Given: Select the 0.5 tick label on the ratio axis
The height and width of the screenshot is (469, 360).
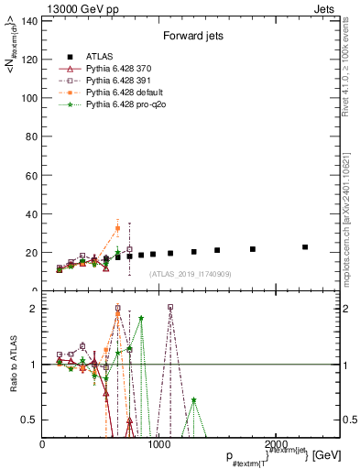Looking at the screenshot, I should pos(30,420).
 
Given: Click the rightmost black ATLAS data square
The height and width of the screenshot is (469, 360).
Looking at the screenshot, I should pos(305,247).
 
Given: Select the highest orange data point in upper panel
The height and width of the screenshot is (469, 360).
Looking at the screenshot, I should pos(117,228).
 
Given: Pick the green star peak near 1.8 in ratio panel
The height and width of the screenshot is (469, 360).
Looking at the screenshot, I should pos(141,318).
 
